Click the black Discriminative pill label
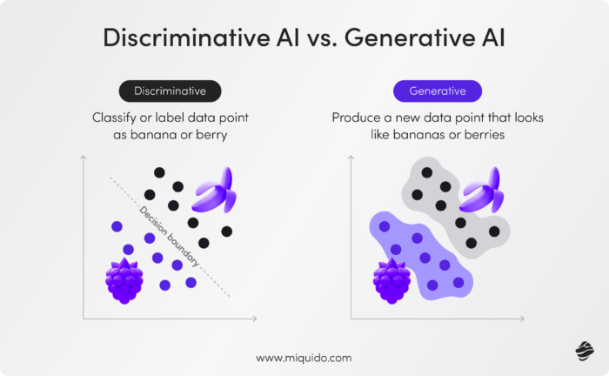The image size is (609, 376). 171,91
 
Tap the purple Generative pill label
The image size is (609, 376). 437,91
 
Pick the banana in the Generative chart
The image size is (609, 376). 482,191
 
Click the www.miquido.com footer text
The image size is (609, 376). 304,358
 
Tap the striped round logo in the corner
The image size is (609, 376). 583,350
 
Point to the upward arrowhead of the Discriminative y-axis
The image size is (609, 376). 84,158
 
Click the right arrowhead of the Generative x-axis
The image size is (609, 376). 519,319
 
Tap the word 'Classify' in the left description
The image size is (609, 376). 117,117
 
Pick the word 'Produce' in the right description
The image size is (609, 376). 357,117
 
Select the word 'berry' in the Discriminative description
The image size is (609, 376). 217,135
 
